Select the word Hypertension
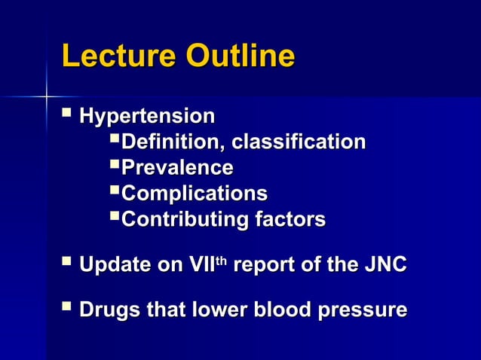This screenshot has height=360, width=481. point(146,117)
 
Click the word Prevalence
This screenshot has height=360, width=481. point(177,168)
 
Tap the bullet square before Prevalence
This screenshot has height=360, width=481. point(115,166)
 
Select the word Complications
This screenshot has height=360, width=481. point(194,194)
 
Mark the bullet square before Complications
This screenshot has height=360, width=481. point(115,192)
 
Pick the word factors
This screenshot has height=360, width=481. point(290,220)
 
